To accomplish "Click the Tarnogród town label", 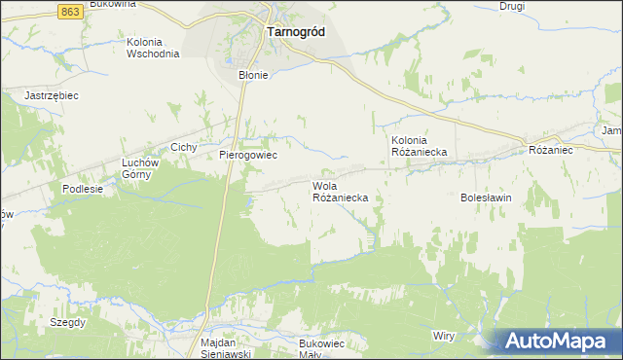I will pos(295,31).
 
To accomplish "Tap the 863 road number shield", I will pos(69,10).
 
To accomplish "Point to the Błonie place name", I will pos(253,74).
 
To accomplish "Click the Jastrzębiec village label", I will pos(51,95).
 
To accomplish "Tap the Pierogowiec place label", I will pos(248,155).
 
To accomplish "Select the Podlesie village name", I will pos(82,189).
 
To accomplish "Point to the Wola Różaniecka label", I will pos(340,191).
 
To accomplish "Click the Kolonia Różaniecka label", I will pos(419,145).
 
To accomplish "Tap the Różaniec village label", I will pos(551,151).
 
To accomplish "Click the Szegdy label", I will pos(69,321).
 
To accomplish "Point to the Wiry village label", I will pos(444,335).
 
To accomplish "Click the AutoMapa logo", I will pos(558,340).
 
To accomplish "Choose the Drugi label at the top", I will pos(512,6).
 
